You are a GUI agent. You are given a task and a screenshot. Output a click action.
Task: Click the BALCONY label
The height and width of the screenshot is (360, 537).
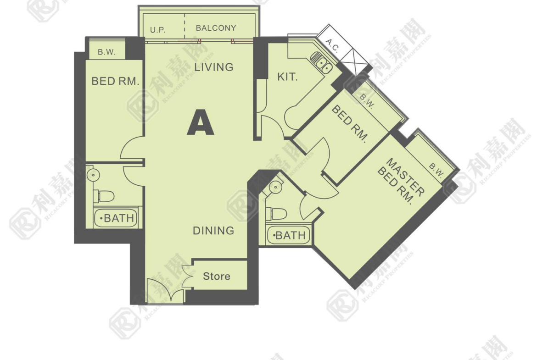(x=216, y=28)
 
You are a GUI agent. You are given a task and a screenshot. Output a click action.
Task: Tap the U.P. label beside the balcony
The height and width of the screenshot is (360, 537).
(x=157, y=30)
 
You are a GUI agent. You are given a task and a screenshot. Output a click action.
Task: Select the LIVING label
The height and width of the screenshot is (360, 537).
(x=214, y=67)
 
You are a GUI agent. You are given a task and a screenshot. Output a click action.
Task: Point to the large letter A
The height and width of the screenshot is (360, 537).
(x=201, y=122)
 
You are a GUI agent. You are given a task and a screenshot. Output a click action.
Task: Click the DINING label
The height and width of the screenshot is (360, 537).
(x=213, y=231)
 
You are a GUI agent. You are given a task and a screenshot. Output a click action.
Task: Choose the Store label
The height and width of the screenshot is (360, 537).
(x=217, y=276)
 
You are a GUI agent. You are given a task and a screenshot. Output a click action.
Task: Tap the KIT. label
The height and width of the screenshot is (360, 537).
(x=287, y=77)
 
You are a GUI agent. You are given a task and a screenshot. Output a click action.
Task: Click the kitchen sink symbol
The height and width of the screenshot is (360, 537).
(x=321, y=63)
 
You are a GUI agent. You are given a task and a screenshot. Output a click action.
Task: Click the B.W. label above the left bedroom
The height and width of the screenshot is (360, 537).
(x=106, y=52)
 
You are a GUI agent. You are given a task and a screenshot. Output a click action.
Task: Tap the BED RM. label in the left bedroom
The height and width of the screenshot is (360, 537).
(x=115, y=82)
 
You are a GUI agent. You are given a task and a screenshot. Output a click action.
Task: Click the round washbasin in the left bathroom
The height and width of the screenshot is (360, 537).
(x=93, y=175)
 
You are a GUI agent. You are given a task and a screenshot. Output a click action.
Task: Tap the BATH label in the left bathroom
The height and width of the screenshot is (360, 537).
(x=116, y=218)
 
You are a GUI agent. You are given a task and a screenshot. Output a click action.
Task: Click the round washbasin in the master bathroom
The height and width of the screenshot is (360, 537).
(x=275, y=187)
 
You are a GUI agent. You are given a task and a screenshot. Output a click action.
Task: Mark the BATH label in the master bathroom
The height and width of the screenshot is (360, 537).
(x=288, y=235)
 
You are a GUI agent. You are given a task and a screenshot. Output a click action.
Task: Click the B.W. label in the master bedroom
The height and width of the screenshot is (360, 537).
(x=436, y=170)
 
